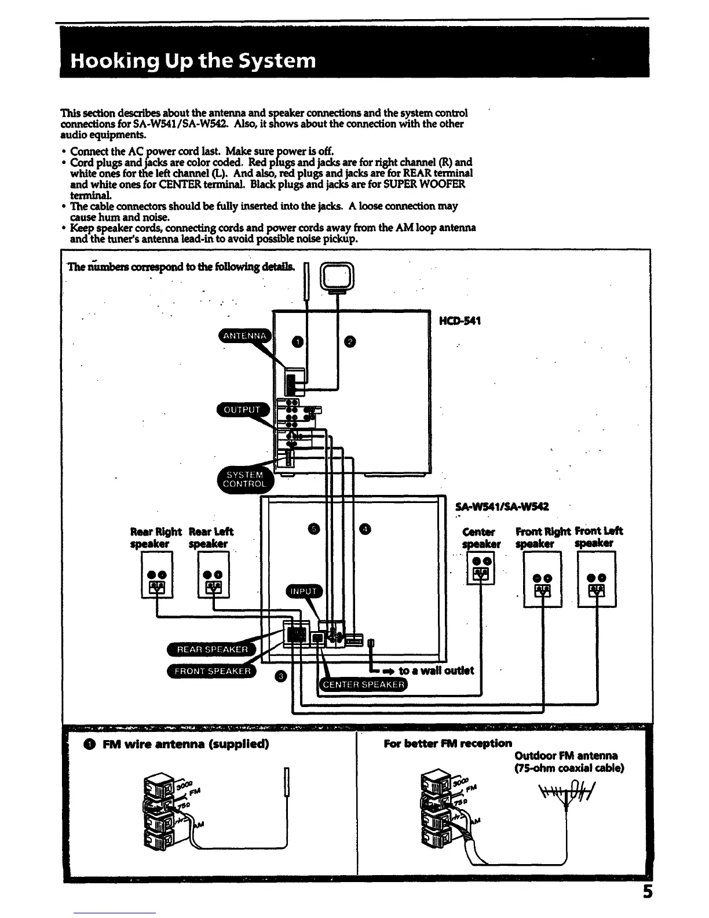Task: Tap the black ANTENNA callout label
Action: click(x=245, y=336)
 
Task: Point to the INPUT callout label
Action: click(x=304, y=591)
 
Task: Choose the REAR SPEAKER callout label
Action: click(x=212, y=649)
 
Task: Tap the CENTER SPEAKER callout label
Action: click(x=363, y=684)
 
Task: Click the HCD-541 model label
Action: click(x=461, y=320)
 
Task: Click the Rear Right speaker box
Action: click(x=157, y=574)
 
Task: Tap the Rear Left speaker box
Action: click(x=214, y=574)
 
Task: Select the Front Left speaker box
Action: click(x=597, y=578)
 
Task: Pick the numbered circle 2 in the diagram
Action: click(x=350, y=342)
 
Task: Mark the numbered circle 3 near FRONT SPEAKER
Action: click(x=280, y=676)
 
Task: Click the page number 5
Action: click(x=647, y=907)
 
